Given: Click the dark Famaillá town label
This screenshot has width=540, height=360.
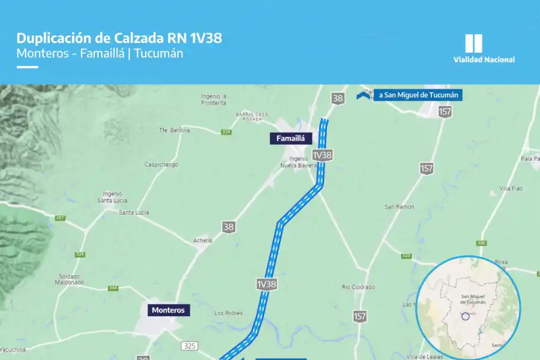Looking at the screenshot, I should click(x=291, y=139).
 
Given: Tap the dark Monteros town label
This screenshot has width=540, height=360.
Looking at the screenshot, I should click(x=168, y=310).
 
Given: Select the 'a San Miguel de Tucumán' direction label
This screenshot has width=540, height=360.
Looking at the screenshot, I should click(x=418, y=95).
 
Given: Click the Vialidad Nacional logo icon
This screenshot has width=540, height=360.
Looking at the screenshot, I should click(x=473, y=43).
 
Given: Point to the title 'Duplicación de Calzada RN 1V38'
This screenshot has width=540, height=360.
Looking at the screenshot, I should click(x=119, y=38).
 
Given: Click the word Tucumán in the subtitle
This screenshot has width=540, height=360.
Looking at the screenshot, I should click(x=159, y=53).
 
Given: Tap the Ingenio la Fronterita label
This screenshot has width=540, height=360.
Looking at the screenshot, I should click(x=214, y=99).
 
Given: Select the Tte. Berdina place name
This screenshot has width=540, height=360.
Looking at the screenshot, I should click(x=174, y=130).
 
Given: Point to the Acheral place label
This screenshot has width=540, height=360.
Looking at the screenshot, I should click(x=203, y=240).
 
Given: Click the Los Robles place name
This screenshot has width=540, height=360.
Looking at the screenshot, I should click(x=228, y=313).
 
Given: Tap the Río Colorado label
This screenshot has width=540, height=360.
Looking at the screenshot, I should click(x=358, y=287).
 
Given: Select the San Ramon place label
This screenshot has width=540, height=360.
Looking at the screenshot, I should click(x=399, y=206).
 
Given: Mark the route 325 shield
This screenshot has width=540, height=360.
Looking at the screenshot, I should click(x=190, y=346).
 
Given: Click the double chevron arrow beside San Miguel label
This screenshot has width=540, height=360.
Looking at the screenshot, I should click(x=363, y=95).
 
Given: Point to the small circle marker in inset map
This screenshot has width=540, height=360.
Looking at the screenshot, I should click(x=466, y=316).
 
